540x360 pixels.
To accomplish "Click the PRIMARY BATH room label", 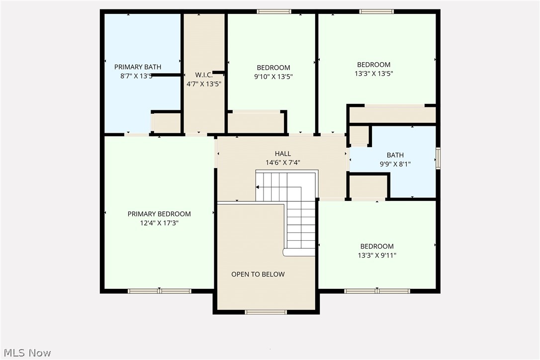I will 138,67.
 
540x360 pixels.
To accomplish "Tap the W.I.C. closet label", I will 204,75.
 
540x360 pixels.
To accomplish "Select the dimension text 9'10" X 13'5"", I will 273,77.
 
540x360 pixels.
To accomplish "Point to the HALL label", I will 283,154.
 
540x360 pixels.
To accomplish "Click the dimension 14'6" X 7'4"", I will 283,163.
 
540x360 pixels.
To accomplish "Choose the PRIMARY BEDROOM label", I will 159,214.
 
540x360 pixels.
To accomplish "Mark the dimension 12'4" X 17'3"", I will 159,223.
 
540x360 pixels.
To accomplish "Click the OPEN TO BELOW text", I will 258,274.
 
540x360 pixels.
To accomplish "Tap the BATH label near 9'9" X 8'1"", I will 395,155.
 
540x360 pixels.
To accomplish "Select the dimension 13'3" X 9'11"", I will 377,256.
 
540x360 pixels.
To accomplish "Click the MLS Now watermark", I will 26,353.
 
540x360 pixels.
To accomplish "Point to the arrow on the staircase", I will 259,187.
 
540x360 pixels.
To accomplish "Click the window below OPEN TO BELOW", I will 266,312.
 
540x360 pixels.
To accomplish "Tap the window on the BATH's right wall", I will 438,158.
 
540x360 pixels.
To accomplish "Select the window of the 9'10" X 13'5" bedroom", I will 274,11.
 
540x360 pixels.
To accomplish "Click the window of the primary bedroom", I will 159,291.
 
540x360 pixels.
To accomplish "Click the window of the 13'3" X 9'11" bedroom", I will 377,291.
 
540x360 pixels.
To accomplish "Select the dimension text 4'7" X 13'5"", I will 204,84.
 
